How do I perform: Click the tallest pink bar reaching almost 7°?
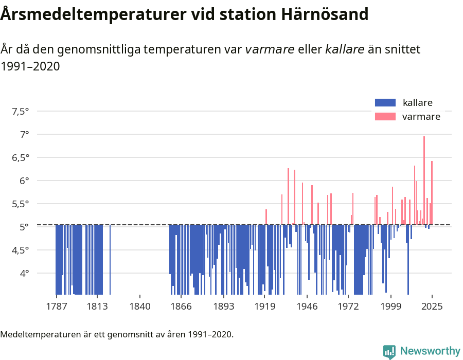[424, 180]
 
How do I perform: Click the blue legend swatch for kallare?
[385, 102]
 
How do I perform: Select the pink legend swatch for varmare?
[385, 117]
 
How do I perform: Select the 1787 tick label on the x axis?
[56, 307]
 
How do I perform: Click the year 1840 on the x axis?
[140, 307]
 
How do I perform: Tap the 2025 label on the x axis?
[432, 307]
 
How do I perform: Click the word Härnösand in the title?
[325, 14]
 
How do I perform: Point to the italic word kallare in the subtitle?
[345, 50]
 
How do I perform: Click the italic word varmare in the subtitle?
[270, 50]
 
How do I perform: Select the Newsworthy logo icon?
[389, 351]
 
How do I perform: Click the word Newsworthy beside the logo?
[430, 351]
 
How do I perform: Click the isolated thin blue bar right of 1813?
[110, 260]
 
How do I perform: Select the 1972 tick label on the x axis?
[348, 307]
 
